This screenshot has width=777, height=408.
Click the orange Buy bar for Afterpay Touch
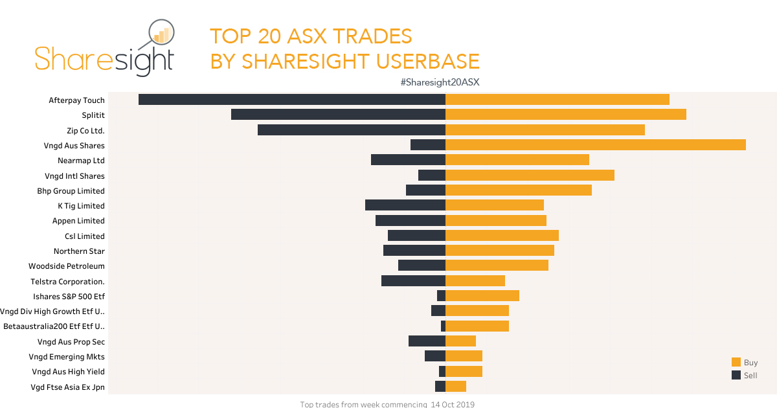557,100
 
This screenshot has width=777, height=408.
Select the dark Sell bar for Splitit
338,115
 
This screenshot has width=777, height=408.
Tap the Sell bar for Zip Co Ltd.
352,130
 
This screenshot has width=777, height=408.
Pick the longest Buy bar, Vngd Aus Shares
595,145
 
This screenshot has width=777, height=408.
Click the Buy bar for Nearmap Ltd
517,160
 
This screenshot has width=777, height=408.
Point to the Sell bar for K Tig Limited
405,205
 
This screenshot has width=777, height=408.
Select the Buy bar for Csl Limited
502,236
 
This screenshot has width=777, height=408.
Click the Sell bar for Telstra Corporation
413,280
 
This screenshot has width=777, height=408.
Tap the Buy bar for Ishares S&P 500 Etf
482,296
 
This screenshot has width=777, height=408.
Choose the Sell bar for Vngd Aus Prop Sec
427,341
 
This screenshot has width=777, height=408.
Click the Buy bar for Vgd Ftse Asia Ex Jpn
456,387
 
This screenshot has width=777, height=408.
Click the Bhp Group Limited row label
71,191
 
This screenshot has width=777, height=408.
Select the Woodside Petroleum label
67,266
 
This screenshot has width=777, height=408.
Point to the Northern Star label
79,251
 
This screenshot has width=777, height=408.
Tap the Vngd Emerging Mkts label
67,357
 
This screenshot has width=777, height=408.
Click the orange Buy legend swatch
736,363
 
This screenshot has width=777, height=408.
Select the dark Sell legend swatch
736,376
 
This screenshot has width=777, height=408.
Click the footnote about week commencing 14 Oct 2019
387,404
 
